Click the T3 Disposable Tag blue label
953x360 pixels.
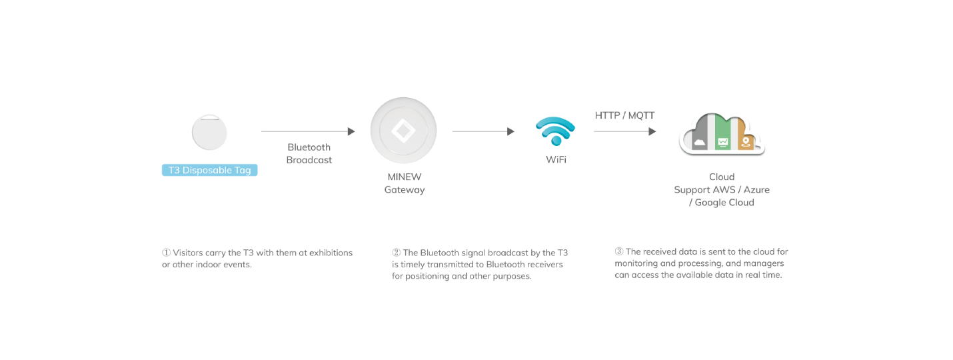click(210, 170)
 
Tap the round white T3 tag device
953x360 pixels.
click(209, 133)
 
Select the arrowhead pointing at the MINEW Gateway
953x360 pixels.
click(351, 131)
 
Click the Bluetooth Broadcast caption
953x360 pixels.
click(309, 153)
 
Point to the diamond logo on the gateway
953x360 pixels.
click(403, 131)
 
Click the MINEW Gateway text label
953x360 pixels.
click(405, 183)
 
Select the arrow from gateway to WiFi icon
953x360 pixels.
click(483, 131)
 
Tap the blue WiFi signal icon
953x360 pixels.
click(556, 131)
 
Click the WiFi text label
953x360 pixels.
click(556, 159)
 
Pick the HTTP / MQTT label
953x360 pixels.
click(624, 115)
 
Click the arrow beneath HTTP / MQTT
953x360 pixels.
click(625, 131)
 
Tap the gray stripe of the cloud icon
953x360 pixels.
click(700, 133)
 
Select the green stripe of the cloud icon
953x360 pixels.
click(723, 133)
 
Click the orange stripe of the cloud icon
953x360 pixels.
click(745, 133)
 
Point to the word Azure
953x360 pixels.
click(756, 190)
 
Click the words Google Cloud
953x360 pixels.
click(724, 203)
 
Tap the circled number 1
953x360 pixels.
click(167, 253)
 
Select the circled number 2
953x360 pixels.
click(397, 253)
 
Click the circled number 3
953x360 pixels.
click(619, 251)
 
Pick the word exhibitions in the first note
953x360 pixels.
click(331, 253)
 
